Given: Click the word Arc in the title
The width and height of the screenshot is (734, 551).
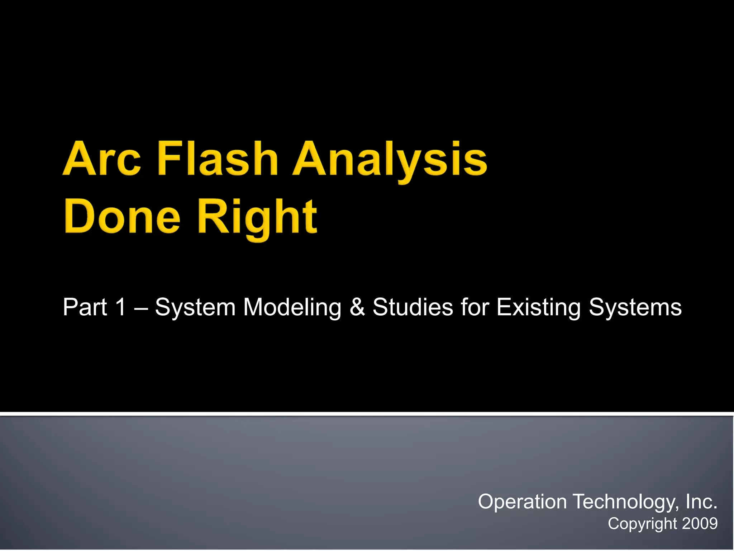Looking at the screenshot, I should click(102, 159).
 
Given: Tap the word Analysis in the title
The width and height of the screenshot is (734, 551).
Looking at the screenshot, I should click(390, 160).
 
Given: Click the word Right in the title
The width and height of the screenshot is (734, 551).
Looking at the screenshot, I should click(257, 218).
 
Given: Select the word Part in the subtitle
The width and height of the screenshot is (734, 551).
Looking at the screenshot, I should click(85, 307).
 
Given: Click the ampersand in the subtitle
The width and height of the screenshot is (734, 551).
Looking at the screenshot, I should click(357, 307).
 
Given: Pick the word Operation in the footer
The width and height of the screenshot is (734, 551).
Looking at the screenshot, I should click(522, 501).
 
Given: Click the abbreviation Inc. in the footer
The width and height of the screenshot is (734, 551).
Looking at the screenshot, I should click(701, 501).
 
